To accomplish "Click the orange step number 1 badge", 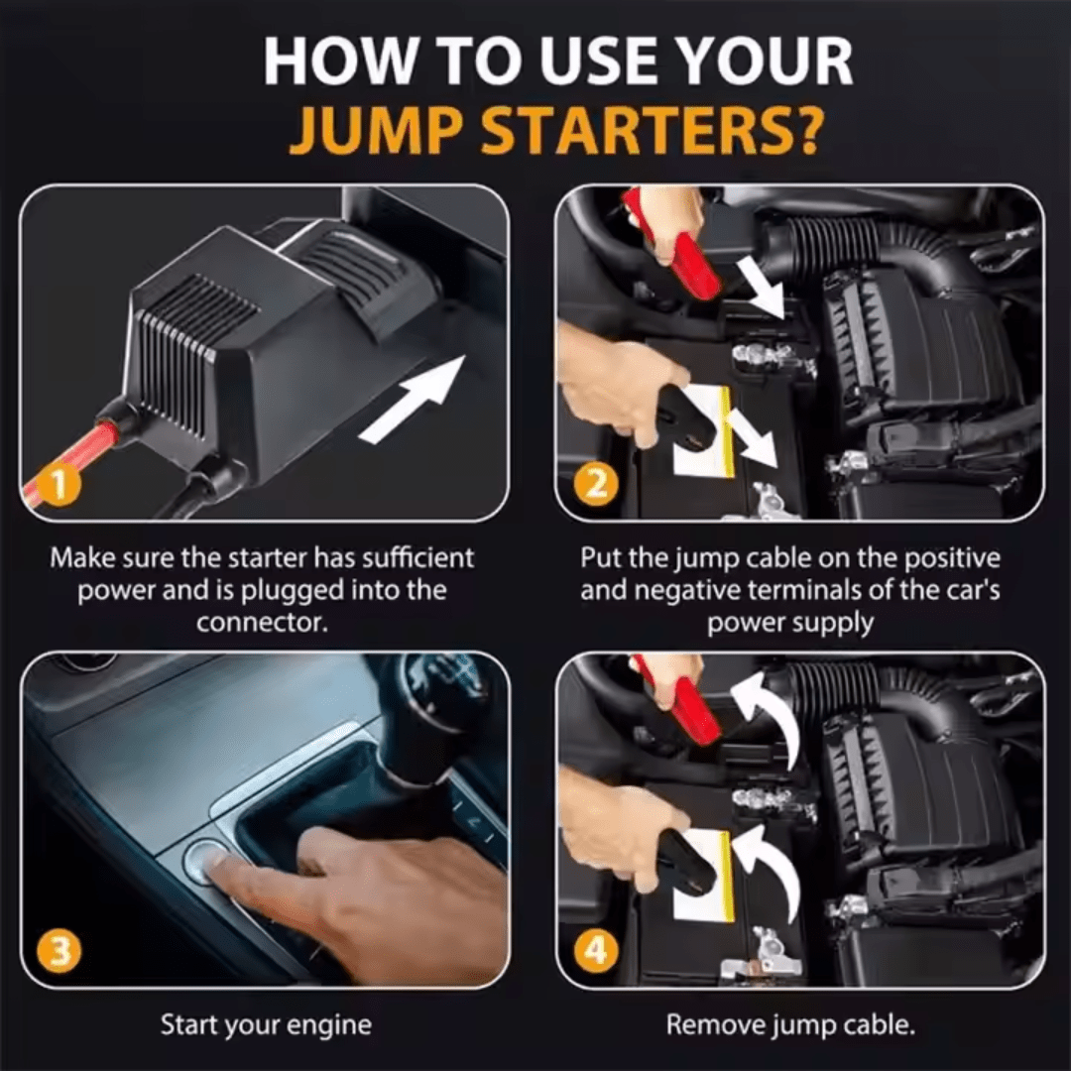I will coord(60,486).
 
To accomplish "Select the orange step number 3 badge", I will coord(60,953).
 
